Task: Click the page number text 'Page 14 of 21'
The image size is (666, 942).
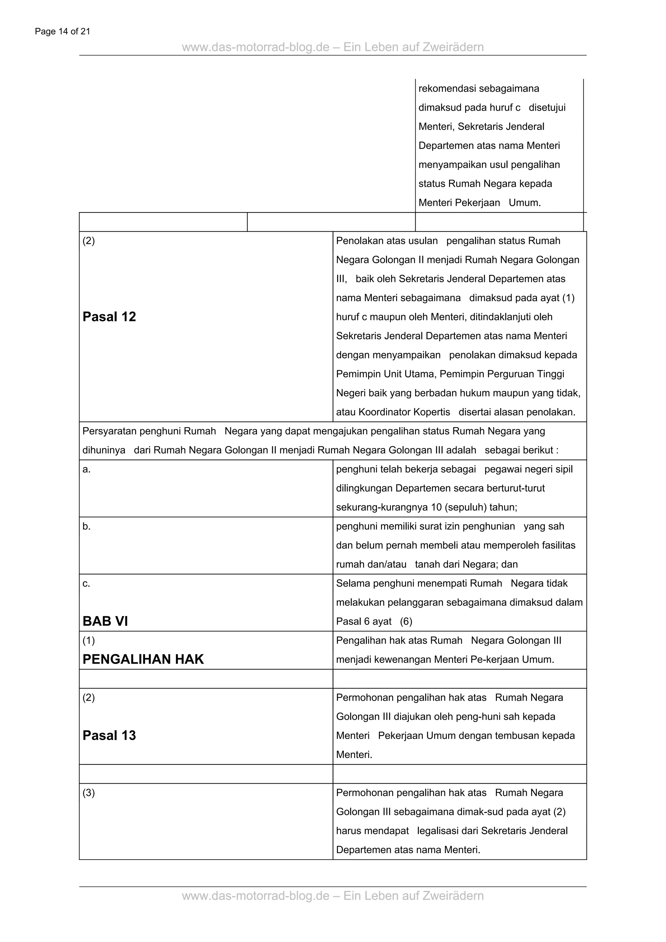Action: (x=62, y=32)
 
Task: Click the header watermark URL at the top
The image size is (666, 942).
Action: (x=333, y=47)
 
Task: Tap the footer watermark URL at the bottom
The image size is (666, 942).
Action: (x=333, y=895)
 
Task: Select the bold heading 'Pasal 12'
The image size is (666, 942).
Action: (x=109, y=317)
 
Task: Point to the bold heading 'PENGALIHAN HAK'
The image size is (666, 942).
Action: (x=143, y=659)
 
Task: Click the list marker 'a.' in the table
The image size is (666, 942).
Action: (x=87, y=469)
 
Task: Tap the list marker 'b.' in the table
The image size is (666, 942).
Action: (x=87, y=526)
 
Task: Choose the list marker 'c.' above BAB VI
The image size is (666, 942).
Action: (x=87, y=584)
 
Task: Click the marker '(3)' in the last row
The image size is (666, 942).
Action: (x=88, y=793)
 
